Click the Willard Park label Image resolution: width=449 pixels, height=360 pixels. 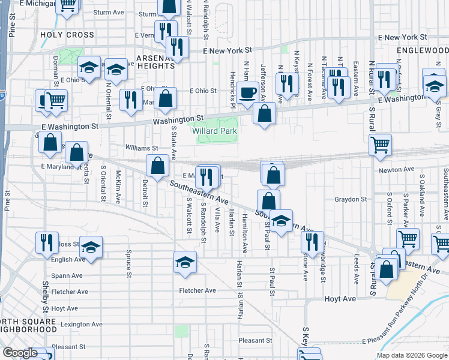(x=214, y=131)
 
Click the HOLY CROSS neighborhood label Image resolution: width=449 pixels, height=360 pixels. (x=67, y=35)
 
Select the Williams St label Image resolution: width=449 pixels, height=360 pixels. (x=141, y=148)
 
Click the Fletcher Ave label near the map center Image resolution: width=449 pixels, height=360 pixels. (x=197, y=290)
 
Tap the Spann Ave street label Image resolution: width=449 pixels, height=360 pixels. (x=67, y=275)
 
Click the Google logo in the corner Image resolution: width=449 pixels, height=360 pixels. (x=20, y=353)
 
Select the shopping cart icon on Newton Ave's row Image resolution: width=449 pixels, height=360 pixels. (x=381, y=144)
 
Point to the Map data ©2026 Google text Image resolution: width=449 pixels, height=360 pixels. (x=412, y=355)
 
